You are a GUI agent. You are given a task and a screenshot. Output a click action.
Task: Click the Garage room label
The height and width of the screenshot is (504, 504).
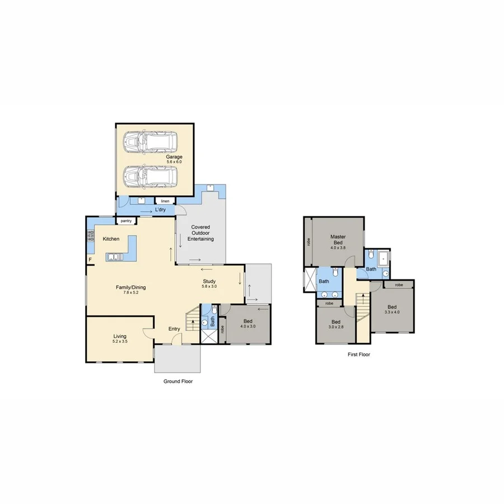(174, 157)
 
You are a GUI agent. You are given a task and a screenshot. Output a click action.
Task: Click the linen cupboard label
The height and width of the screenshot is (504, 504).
(165, 200)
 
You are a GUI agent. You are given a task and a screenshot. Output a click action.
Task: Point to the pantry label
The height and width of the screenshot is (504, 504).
(126, 221)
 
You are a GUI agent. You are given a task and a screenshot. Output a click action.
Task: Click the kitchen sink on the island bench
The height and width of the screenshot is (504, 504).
(114, 257)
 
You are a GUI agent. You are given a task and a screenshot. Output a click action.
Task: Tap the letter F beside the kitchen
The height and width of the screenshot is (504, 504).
(90, 259)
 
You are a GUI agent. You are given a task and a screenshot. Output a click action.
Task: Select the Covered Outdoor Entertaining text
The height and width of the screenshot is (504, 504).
(200, 233)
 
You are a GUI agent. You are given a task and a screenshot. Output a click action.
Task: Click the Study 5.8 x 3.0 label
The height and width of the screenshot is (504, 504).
(213, 284)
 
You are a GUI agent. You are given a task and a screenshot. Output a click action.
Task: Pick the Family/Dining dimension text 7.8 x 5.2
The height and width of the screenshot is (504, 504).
(131, 293)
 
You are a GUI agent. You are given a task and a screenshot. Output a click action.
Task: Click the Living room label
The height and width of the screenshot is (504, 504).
(119, 337)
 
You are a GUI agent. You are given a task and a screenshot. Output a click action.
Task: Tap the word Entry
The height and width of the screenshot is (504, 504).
(175, 329)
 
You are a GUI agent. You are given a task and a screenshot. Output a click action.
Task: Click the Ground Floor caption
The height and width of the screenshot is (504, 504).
(178, 381)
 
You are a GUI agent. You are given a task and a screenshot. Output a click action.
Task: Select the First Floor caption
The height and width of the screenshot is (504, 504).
(359, 354)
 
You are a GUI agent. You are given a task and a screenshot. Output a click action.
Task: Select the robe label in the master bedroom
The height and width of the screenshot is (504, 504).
(309, 242)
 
